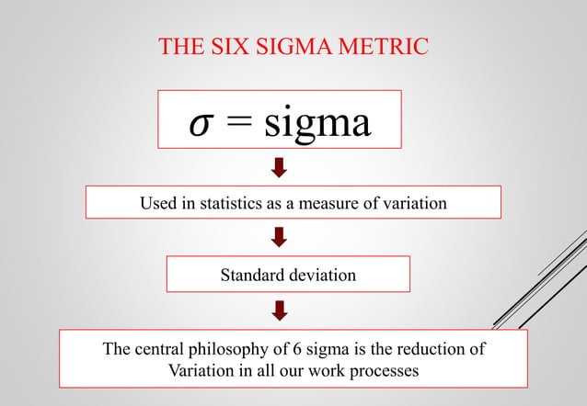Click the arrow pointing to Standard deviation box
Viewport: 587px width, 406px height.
[x=280, y=238]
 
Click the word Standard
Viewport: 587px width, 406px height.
[x=251, y=275]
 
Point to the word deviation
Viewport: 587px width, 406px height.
[x=321, y=275]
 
